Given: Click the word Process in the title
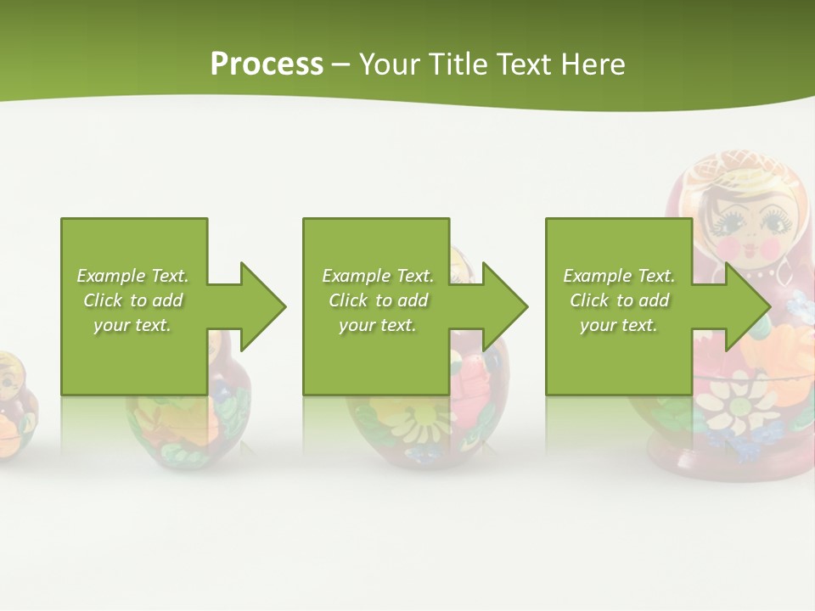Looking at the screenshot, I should (267, 64).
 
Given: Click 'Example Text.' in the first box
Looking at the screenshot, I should (132, 276).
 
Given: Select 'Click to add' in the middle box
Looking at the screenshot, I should (378, 300).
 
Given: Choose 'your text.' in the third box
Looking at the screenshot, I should (618, 325).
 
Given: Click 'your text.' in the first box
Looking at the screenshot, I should (132, 325).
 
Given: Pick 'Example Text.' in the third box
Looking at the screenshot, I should (619, 276).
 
